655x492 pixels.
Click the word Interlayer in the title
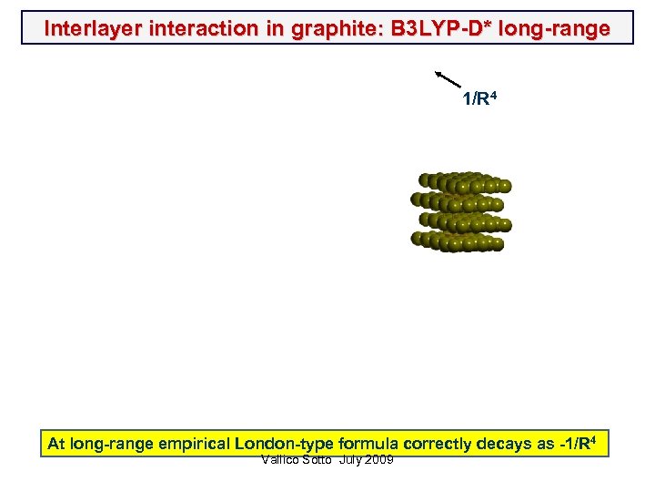tap(89, 28)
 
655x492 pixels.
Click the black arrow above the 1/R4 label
tap(448, 79)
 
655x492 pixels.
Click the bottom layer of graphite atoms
tap(459, 241)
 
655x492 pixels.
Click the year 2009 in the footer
tap(378, 460)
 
